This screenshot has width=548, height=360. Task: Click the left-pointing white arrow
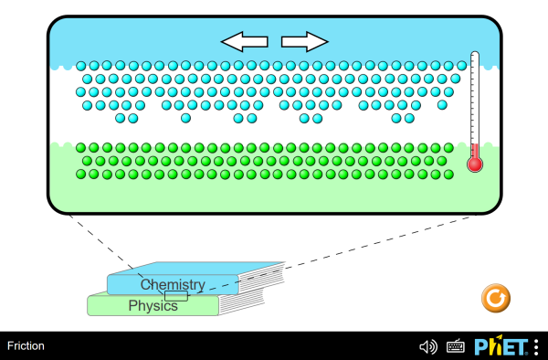click(x=244, y=41)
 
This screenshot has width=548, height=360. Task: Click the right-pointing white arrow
click(x=304, y=41)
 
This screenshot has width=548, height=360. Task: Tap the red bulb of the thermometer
click(x=474, y=164)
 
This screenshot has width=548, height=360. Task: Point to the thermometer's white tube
click(x=474, y=101)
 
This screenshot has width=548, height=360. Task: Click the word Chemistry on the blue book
click(x=173, y=285)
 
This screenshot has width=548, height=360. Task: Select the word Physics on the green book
click(x=153, y=305)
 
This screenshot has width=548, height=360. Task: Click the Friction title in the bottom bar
click(x=26, y=346)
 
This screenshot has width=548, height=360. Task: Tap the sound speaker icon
click(x=427, y=346)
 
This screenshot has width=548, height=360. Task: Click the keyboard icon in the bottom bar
click(x=456, y=346)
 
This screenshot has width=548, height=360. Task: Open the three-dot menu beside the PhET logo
click(x=536, y=346)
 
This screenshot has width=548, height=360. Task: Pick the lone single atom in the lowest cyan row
click(x=185, y=118)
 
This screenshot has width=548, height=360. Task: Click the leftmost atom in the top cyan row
click(x=81, y=66)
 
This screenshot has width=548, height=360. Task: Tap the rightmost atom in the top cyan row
click(x=459, y=66)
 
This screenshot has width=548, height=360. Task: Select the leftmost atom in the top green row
click(x=81, y=147)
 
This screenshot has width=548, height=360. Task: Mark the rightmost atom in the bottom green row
click(x=442, y=173)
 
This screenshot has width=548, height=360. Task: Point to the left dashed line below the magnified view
click(x=105, y=245)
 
